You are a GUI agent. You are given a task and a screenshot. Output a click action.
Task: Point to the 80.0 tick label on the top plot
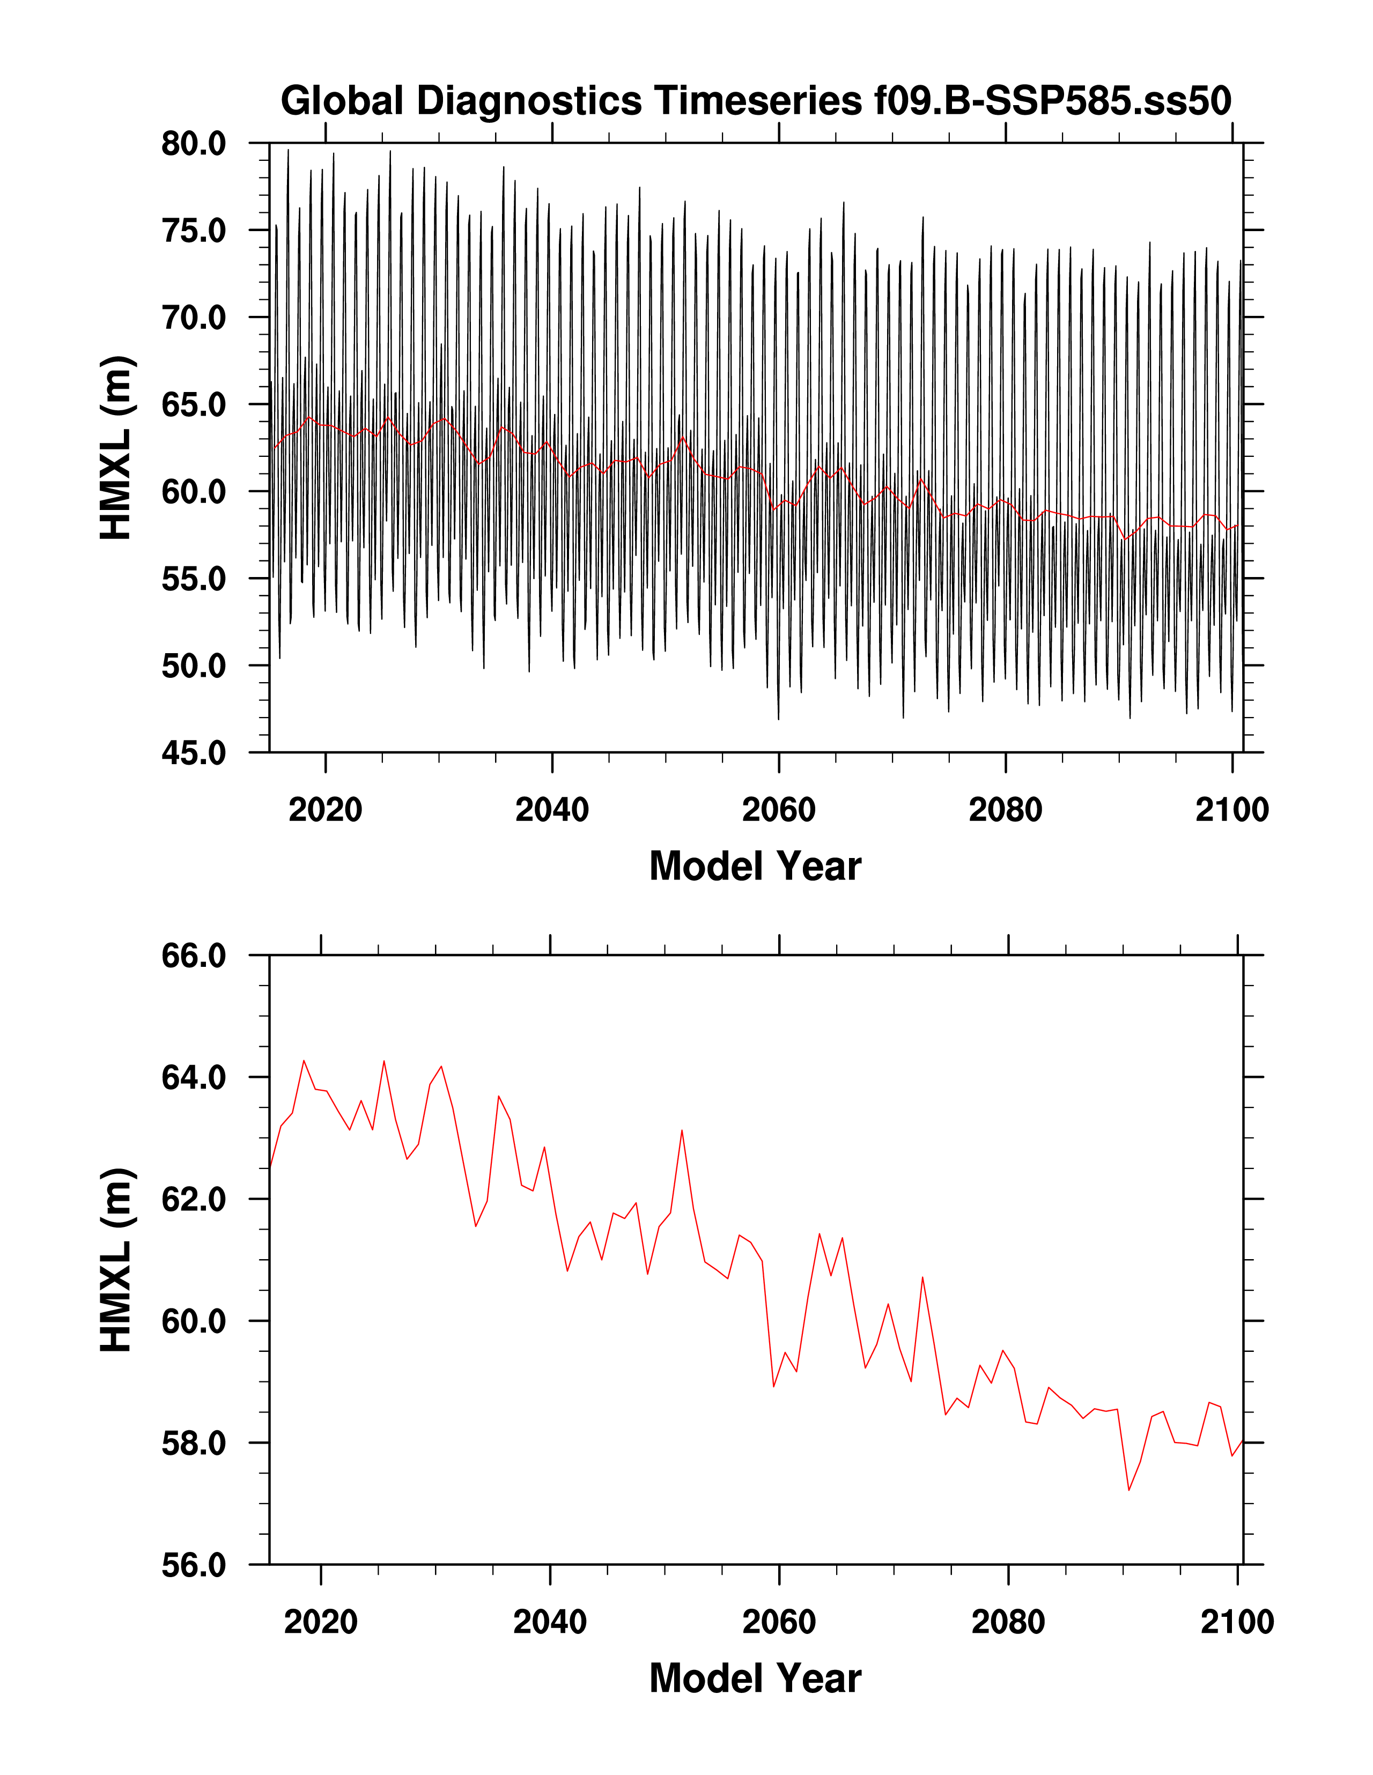(194, 144)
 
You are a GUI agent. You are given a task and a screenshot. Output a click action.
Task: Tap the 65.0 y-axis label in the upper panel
(194, 405)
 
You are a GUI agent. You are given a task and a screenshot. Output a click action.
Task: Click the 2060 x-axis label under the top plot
(778, 810)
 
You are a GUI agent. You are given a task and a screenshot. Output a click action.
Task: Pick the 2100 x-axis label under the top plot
(1231, 810)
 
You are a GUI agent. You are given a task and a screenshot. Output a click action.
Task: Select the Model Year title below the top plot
(755, 867)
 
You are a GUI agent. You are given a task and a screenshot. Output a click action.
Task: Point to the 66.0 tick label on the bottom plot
(194, 956)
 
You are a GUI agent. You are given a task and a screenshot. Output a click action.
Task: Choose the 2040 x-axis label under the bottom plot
(550, 1622)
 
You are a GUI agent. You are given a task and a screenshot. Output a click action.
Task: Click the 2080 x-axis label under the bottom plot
(1008, 1622)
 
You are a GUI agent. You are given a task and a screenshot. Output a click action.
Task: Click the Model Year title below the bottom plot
(755, 1679)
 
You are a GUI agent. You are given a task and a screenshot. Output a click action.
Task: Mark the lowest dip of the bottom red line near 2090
(1129, 1490)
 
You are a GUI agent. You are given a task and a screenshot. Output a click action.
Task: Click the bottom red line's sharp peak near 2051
(682, 1130)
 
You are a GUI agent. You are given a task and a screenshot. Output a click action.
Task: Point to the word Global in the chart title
(342, 101)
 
